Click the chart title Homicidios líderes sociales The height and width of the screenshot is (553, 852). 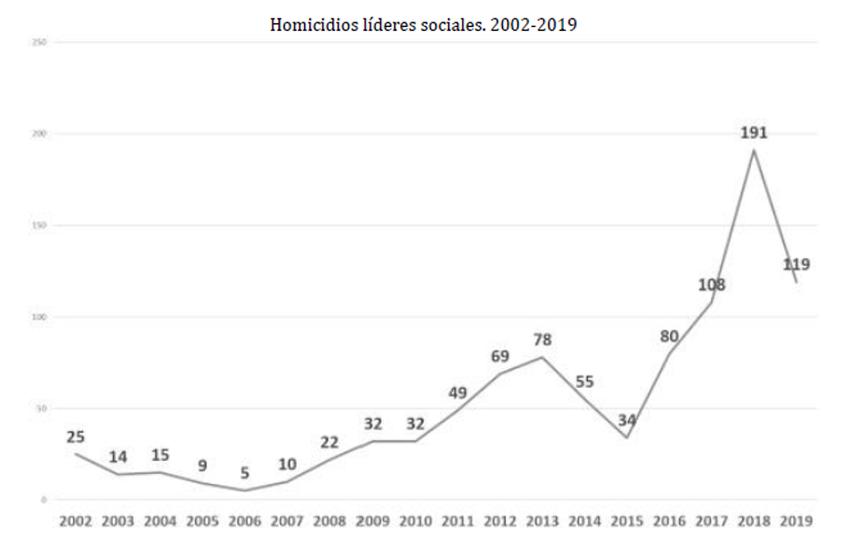pyautogui.click(x=424, y=25)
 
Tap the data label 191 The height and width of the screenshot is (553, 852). pyautogui.click(x=754, y=132)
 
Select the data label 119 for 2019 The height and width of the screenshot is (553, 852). pyautogui.click(x=796, y=265)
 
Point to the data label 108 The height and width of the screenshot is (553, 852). pyautogui.click(x=712, y=284)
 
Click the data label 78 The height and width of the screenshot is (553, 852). pyautogui.click(x=541, y=340)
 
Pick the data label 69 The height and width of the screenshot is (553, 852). pyautogui.click(x=499, y=356)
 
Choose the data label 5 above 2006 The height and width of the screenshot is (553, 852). pyautogui.click(x=244, y=474)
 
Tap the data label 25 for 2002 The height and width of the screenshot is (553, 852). pyautogui.click(x=76, y=436)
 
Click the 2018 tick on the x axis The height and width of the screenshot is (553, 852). pyautogui.click(x=753, y=522)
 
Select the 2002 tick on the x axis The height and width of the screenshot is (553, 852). pyautogui.click(x=76, y=522)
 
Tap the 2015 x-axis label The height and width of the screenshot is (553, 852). pyautogui.click(x=626, y=522)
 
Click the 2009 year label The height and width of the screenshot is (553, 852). pyautogui.click(x=372, y=522)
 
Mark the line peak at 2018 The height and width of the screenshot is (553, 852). pyautogui.click(x=754, y=150)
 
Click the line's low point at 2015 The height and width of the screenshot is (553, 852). pyautogui.click(x=627, y=438)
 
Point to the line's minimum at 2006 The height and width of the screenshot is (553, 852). pyautogui.click(x=244, y=491)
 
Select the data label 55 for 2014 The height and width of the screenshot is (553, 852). pyautogui.click(x=584, y=381)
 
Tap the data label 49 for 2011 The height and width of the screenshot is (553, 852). pyautogui.click(x=457, y=393)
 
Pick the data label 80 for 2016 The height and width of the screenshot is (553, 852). pyautogui.click(x=669, y=337)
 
